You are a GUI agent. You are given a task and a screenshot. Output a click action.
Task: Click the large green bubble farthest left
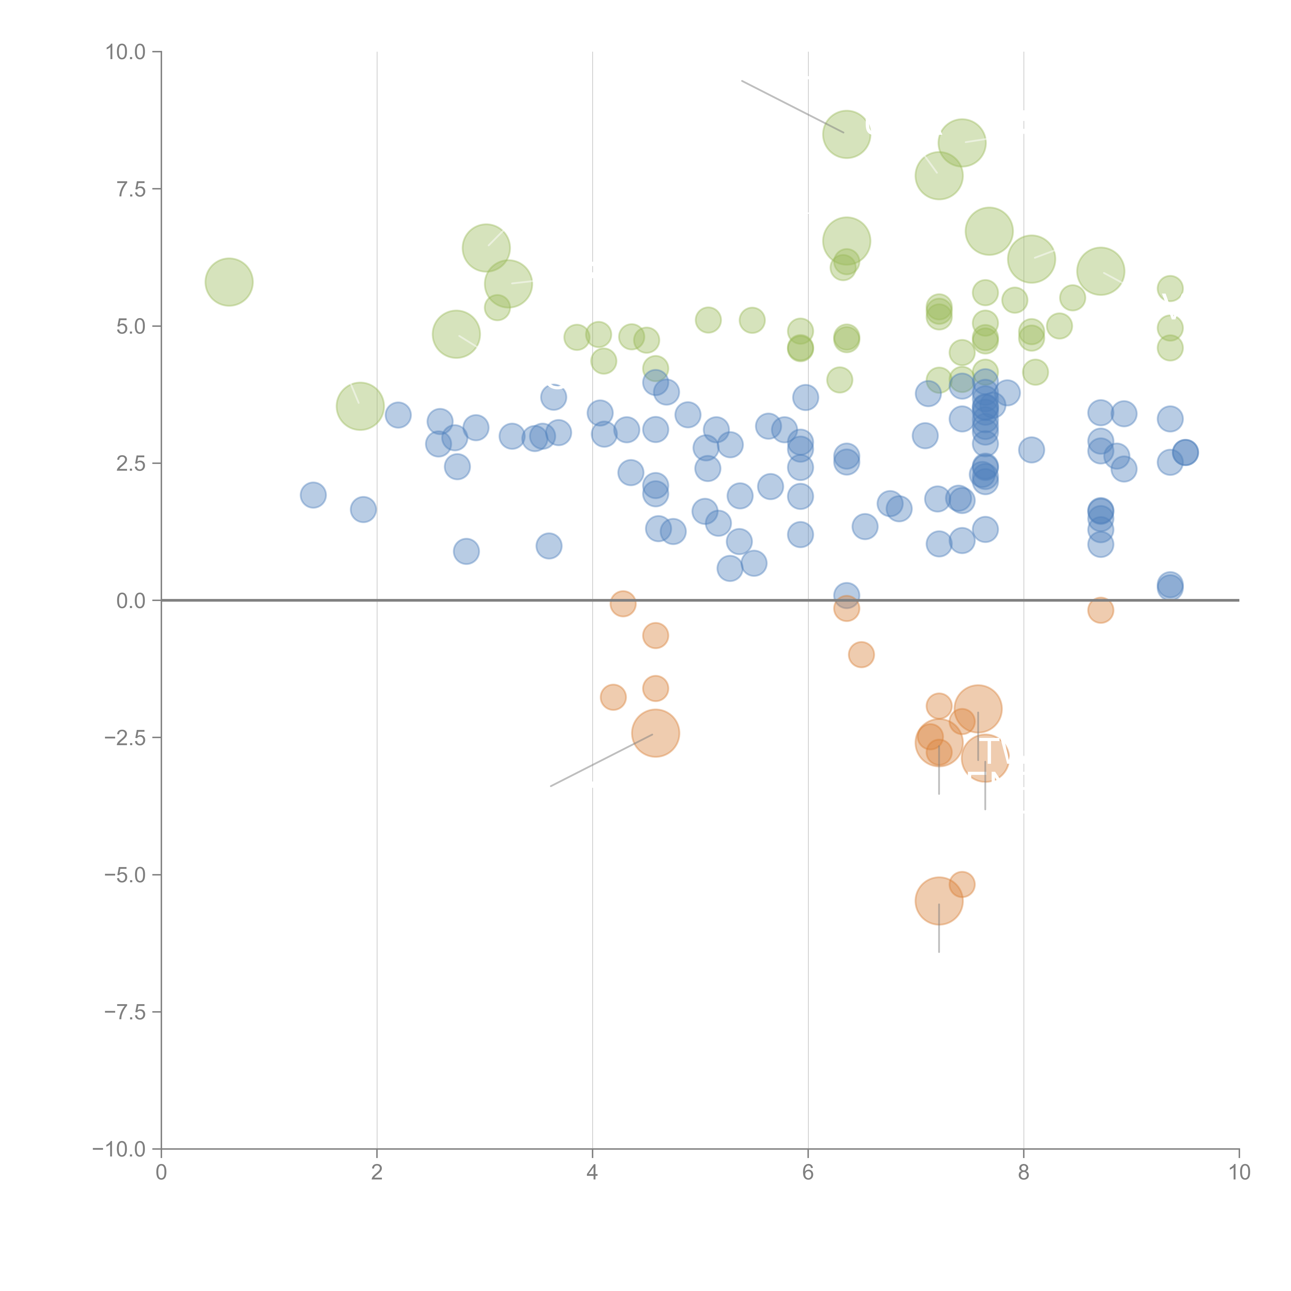[229, 282]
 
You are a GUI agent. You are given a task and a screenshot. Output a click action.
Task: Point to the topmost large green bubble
[847, 134]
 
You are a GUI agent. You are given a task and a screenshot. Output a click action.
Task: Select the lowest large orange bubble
[939, 901]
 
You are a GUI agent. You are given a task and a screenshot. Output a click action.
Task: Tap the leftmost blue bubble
[313, 495]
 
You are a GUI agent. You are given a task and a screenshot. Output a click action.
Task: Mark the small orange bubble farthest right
[1100, 609]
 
